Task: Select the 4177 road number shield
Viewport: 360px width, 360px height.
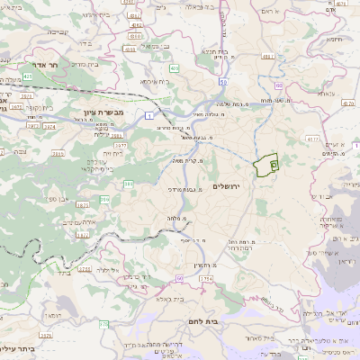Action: [x=313, y=139]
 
